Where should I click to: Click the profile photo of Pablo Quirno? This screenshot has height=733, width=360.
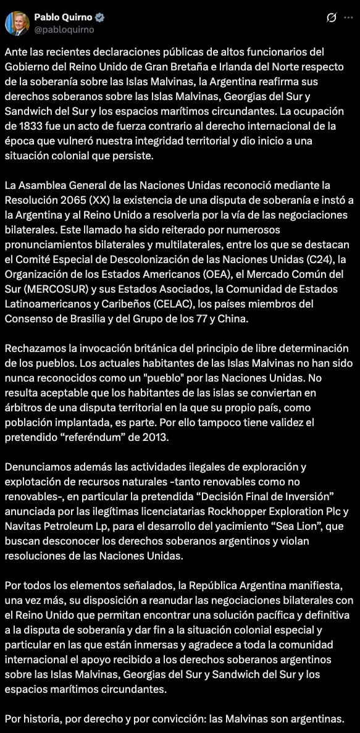click(x=17, y=23)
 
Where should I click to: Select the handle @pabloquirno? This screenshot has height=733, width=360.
click(x=64, y=29)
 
